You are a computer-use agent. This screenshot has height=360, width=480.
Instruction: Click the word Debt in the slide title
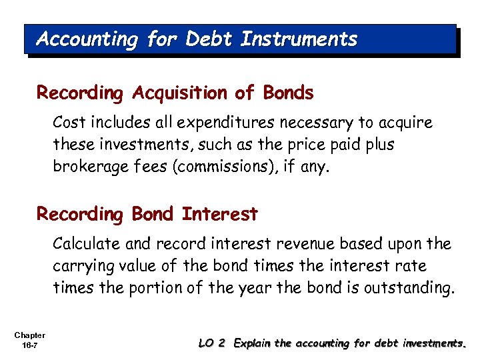click(210, 39)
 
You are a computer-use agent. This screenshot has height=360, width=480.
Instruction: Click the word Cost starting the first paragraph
click(69, 123)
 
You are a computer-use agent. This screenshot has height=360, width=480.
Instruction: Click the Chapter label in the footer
click(29, 335)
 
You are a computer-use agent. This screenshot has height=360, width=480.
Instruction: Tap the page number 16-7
click(29, 345)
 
